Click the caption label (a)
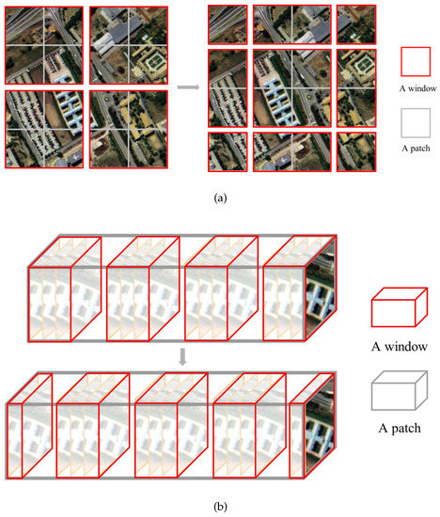[x=219, y=198]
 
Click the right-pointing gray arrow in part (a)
[x=190, y=87]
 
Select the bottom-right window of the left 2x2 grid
[x=129, y=130]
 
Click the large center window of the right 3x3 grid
[x=291, y=88]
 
